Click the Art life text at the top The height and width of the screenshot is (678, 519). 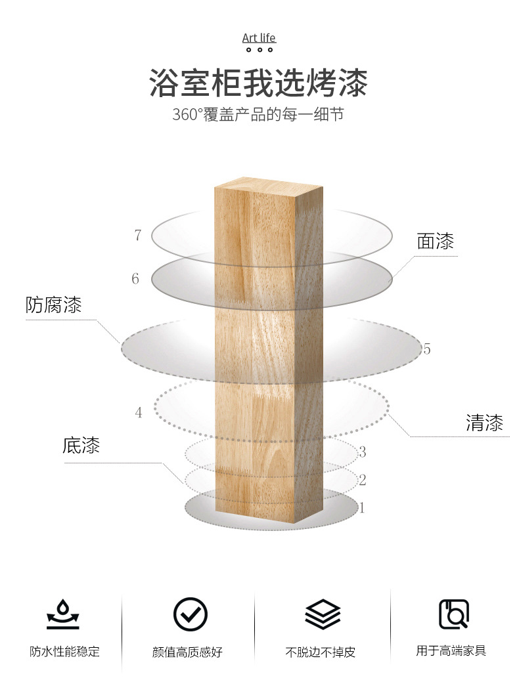[x=259, y=37]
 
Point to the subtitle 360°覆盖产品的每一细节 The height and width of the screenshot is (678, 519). [x=258, y=114]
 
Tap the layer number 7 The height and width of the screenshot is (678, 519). [x=137, y=235]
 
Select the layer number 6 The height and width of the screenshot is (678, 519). [x=135, y=279]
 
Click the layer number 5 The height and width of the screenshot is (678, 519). [x=427, y=349]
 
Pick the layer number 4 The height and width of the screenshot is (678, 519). [x=138, y=413]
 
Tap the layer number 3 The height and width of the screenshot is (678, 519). [x=362, y=452]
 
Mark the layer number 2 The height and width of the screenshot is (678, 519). [x=362, y=480]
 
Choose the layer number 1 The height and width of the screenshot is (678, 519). [x=361, y=508]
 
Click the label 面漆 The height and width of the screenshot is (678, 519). [x=435, y=242]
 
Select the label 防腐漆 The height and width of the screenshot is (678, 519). [x=54, y=305]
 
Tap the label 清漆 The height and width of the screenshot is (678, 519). [x=484, y=423]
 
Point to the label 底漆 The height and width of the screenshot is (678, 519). [x=81, y=446]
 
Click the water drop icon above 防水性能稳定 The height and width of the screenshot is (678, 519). [x=63, y=614]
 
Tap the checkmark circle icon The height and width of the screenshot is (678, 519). [x=190, y=614]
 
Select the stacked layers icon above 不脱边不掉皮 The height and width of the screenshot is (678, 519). [x=323, y=614]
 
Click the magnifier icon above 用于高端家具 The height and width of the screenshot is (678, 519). [x=453, y=614]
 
